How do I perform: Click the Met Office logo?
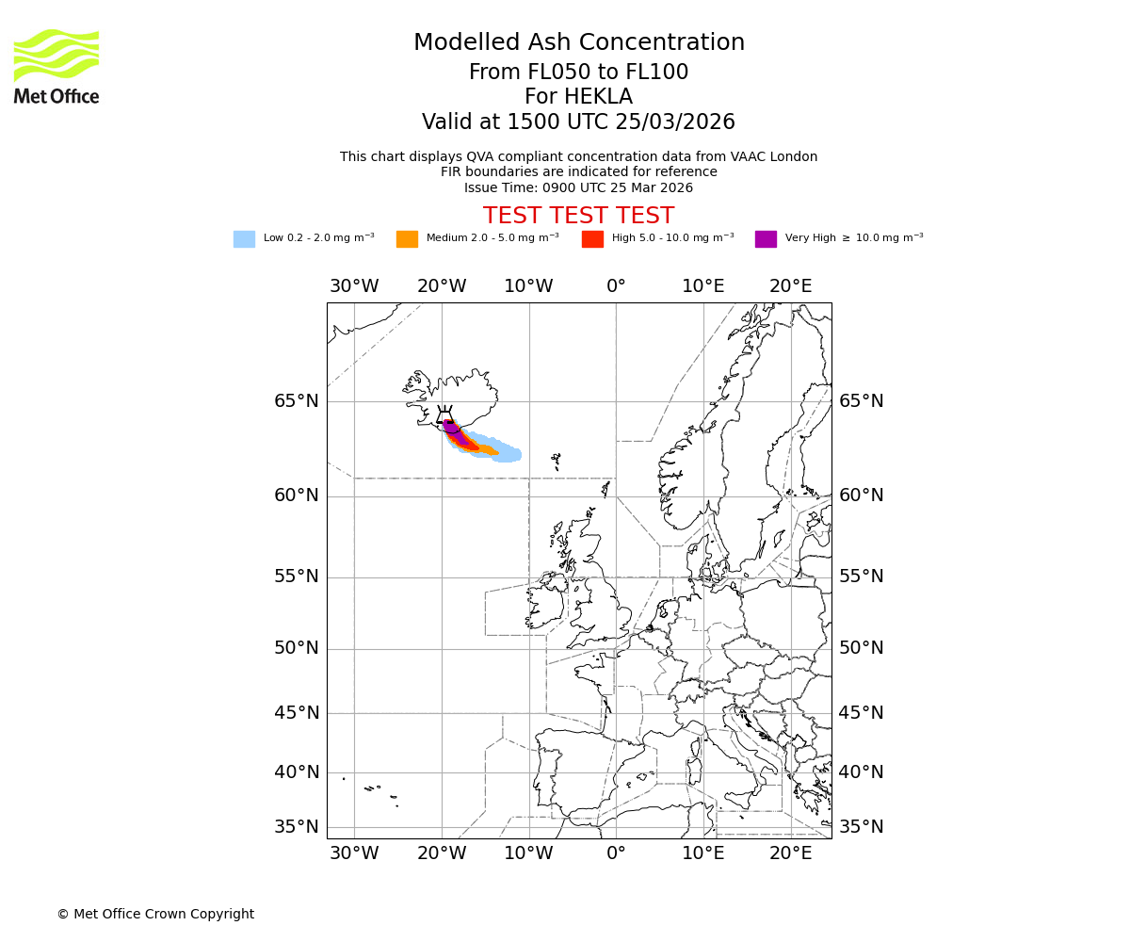coord(56,66)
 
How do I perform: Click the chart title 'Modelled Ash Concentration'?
coord(579,42)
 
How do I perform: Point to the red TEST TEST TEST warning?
coord(578,216)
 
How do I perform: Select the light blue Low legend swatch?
coord(244,239)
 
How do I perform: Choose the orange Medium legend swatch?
coord(407,239)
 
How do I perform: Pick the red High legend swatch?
coord(592,239)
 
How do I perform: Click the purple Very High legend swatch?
coord(766,239)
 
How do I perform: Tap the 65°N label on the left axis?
coord(297,401)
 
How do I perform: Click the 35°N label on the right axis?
coord(862,827)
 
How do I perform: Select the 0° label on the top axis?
coord(616,286)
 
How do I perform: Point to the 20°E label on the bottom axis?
coord(791,853)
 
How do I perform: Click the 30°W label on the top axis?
coord(354,286)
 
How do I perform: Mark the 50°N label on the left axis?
coord(297,648)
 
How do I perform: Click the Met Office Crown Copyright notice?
coord(155,914)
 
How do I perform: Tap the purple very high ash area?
coord(452,430)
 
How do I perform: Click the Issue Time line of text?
coord(578,187)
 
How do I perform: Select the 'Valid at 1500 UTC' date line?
coord(578,122)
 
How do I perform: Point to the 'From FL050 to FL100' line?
coord(578,73)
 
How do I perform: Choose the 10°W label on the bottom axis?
coord(529,853)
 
